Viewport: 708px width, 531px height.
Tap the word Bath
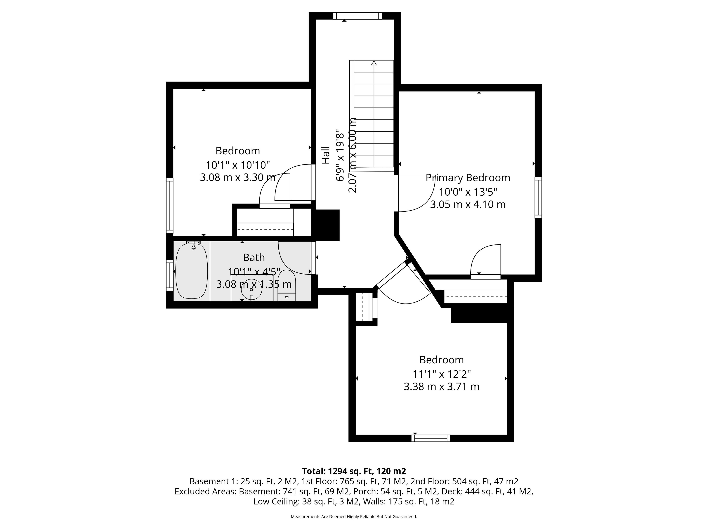254,257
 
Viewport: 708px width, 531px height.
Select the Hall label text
325,155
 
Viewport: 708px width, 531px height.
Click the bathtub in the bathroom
192,271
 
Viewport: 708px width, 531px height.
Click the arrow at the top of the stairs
374,63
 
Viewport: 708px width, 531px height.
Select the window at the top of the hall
358,16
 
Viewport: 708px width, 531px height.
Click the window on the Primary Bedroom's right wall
538,197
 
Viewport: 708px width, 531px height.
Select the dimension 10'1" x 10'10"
238,165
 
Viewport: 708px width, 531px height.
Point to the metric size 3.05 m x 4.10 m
468,204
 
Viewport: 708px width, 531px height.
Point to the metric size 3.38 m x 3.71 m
442,387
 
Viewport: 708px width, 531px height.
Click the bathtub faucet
193,245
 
